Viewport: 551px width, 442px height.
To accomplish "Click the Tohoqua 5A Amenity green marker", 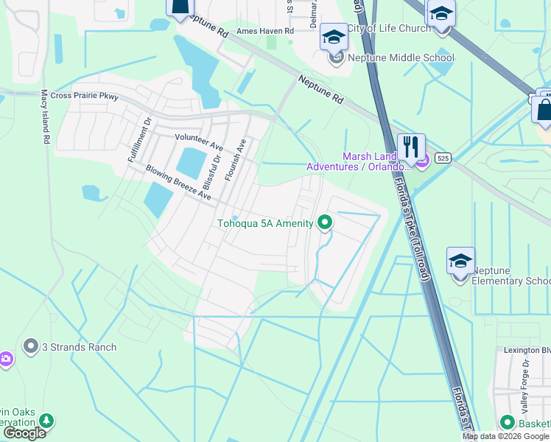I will [324, 222].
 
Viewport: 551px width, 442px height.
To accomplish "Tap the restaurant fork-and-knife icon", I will [411, 146].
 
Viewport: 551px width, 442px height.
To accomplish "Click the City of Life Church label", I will [388, 29].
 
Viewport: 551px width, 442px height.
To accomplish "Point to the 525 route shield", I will [443, 158].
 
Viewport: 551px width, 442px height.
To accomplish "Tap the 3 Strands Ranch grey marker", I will [31, 345].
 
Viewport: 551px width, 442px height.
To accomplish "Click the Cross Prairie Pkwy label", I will [85, 97].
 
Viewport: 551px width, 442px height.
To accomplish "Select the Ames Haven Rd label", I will [265, 31].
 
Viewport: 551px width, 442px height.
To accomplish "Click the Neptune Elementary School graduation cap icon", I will [460, 262].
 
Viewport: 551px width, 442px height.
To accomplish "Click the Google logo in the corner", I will [24, 433].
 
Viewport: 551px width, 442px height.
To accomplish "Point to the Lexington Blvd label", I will [526, 351].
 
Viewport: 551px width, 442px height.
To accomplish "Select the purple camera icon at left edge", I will [4, 359].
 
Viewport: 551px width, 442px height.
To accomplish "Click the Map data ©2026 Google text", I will [505, 436].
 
